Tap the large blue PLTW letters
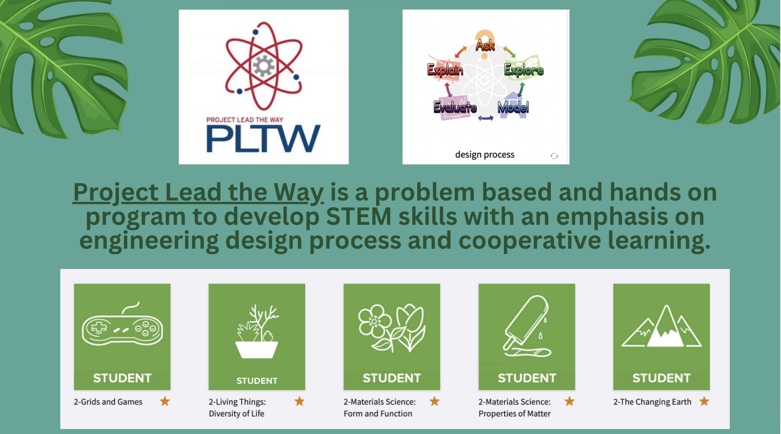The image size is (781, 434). (263, 138)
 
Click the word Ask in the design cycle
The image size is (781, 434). (485, 45)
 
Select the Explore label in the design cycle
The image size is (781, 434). (524, 70)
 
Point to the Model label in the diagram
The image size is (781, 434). (513, 107)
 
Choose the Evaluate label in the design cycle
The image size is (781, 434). (455, 108)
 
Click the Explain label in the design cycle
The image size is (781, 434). (445, 70)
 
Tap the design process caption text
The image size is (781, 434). (485, 155)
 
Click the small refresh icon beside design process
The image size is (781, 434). (554, 156)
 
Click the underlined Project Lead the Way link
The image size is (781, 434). (199, 192)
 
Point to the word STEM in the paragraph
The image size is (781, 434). (359, 217)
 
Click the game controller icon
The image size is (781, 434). (122, 324)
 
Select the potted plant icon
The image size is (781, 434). (257, 331)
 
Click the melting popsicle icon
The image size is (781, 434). (527, 326)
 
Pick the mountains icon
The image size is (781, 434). (662, 326)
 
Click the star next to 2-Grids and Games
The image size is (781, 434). (165, 401)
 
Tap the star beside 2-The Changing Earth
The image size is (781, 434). (704, 401)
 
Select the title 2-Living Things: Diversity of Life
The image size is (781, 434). (237, 408)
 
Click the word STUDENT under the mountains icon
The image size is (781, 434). (662, 378)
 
